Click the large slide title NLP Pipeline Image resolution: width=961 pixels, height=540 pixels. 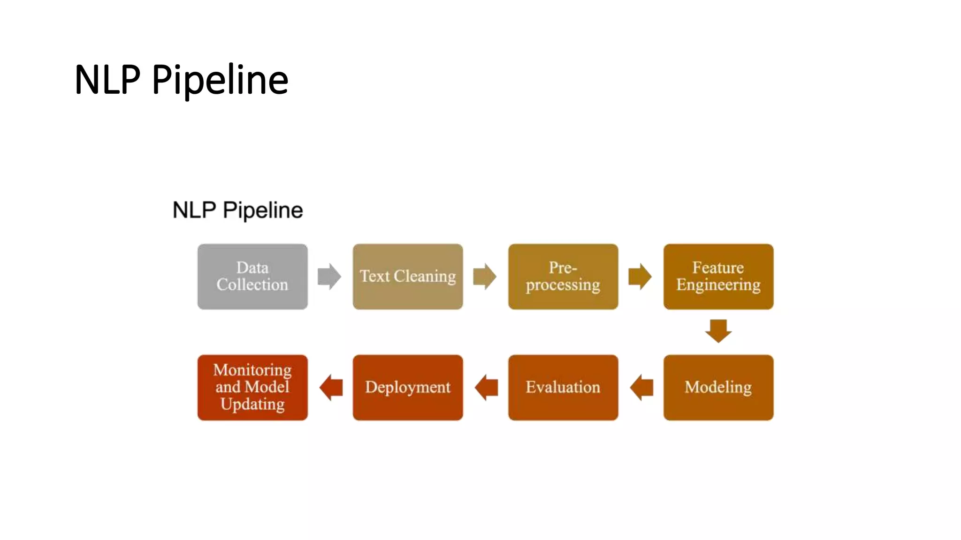coord(181,80)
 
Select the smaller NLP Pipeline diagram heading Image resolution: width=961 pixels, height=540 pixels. coord(237,210)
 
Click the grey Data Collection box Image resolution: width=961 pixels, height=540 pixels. coord(252,277)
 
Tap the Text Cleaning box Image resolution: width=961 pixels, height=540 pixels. coord(408,277)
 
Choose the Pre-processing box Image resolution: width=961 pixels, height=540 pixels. coord(563,277)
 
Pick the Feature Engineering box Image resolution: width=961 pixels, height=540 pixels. coord(718,277)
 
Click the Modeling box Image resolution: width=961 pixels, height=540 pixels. coord(718,388)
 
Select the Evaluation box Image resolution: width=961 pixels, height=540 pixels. coord(563,388)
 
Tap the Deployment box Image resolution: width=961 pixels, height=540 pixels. coord(408,388)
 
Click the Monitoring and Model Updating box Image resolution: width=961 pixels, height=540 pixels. coord(252,388)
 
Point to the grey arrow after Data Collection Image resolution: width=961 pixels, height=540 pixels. coord(329,277)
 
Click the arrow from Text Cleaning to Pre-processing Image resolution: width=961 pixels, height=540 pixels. coord(485,277)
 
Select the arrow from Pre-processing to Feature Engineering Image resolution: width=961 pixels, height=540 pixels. coord(640,277)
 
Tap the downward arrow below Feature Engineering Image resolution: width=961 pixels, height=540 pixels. coord(718,331)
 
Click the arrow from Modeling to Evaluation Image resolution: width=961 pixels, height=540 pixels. coord(641,388)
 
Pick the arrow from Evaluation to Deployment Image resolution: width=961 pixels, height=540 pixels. coord(486,388)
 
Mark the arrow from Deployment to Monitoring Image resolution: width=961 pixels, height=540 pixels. coord(331,388)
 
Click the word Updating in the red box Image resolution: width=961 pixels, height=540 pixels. coord(252,404)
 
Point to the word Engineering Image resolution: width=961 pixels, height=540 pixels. coord(718,285)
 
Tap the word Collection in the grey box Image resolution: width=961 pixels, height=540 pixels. coord(252,285)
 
